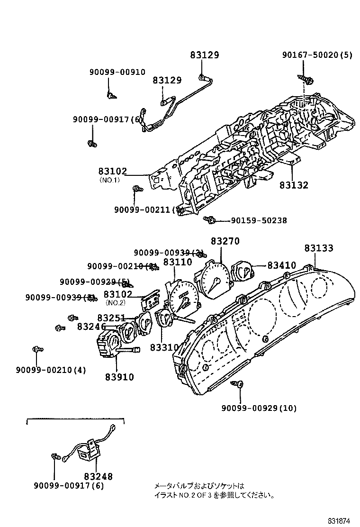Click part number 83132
[293, 185]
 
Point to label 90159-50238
[259, 220]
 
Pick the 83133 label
[318, 248]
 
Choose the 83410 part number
[281, 265]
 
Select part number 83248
[99, 477]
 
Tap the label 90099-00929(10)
[259, 408]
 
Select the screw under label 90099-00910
[111, 96]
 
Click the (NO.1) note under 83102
[109, 180]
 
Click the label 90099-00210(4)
[51, 370]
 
